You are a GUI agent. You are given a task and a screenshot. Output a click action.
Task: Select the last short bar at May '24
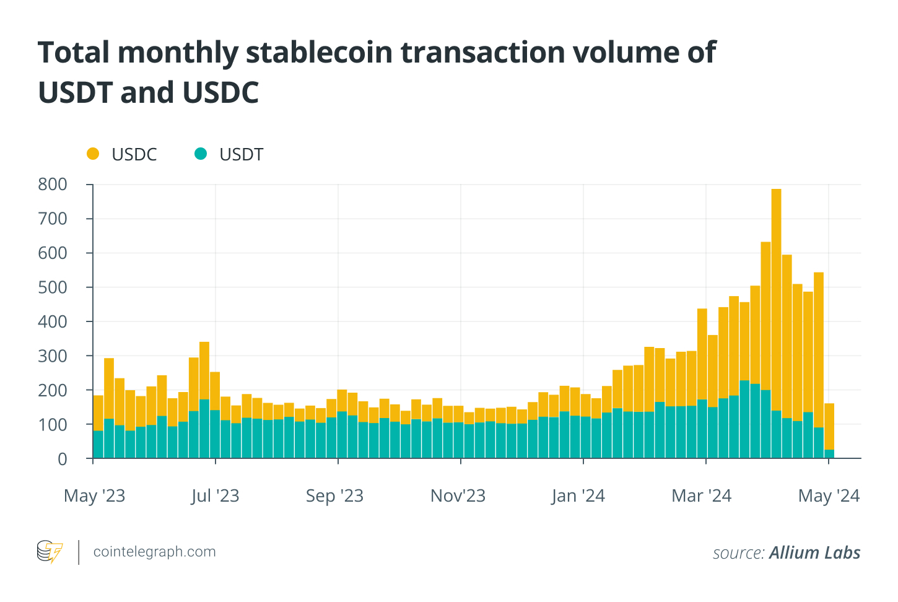[x=829, y=434]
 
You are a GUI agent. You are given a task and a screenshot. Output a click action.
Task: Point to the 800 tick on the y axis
[x=53, y=185]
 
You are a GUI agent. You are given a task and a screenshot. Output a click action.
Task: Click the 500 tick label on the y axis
[x=53, y=287]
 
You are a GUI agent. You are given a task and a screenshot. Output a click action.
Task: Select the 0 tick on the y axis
[x=62, y=459]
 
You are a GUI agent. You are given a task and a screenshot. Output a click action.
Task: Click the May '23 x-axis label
[x=94, y=495]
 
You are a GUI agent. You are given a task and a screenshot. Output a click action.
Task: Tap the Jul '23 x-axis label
[x=215, y=495]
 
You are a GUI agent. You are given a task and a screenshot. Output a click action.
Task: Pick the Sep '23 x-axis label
[x=334, y=495]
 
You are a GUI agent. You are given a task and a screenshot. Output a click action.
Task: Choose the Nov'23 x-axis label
[x=458, y=495]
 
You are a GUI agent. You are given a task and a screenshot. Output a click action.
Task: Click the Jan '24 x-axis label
[x=578, y=495]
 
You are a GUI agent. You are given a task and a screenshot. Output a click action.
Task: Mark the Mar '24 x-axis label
[x=701, y=495]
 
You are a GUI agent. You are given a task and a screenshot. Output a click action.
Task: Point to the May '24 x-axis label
[x=829, y=495]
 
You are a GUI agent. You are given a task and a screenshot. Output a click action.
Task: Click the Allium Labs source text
[x=814, y=552]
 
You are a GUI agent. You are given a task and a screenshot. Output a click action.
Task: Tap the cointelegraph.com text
[x=154, y=552]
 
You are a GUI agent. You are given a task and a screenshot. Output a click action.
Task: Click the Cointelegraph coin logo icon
[x=50, y=551]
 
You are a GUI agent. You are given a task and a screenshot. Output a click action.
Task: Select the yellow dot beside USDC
[x=93, y=154]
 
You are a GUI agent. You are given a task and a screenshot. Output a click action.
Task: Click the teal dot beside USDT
[x=200, y=154]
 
